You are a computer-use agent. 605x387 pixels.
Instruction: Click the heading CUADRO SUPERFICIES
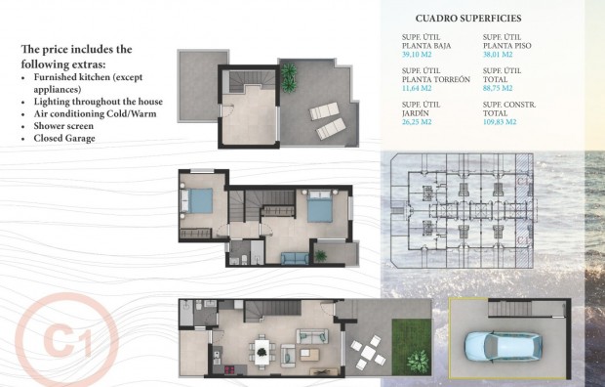pyautogui.click(x=467, y=18)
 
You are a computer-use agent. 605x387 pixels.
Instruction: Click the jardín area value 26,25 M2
pyautogui.click(x=420, y=122)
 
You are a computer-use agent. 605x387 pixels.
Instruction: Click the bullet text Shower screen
pyautogui.click(x=68, y=126)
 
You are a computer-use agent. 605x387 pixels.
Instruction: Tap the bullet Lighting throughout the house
pyautogui.click(x=98, y=101)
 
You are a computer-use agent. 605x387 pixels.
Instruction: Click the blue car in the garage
pyautogui.click(x=499, y=345)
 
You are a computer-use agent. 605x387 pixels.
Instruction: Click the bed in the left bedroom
pyautogui.click(x=199, y=202)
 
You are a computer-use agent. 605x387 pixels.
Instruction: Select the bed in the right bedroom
pyautogui.click(x=321, y=208)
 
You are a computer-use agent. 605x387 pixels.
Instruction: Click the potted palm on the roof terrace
pyautogui.click(x=290, y=74)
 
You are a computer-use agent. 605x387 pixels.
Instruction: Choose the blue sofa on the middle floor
pyautogui.click(x=293, y=257)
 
